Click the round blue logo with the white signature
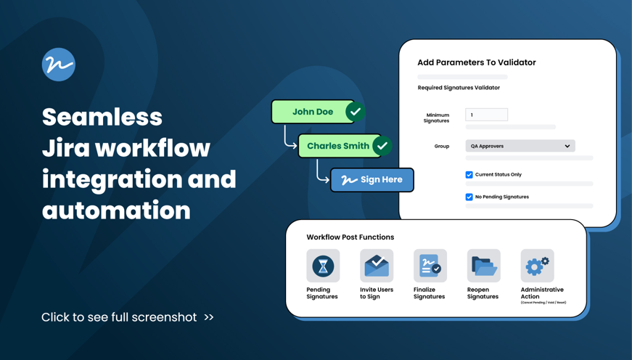tap(59, 65)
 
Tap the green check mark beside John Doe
tap(355, 112)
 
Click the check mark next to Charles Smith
tap(382, 146)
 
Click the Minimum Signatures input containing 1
tap(486, 115)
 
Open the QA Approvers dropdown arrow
tap(567, 146)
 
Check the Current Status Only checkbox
tap(469, 175)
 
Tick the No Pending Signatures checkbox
tap(469, 197)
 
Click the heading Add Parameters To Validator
tap(476, 62)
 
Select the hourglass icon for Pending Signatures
tap(323, 266)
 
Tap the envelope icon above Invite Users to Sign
tap(377, 266)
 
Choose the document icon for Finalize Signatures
tap(430, 266)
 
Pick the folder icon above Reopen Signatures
tap(483, 266)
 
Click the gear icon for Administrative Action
tap(537, 266)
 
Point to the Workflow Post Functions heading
tap(350, 237)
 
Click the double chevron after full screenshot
tap(209, 317)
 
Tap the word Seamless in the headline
tap(102, 117)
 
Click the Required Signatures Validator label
tap(459, 88)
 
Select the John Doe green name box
tap(312, 112)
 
